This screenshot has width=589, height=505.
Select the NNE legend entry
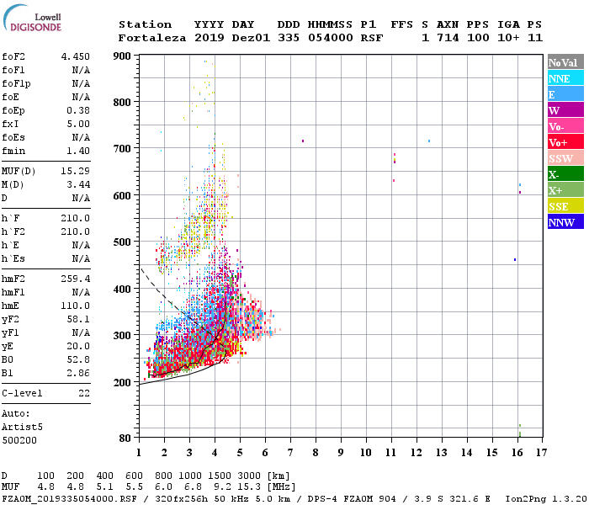coord(565,78)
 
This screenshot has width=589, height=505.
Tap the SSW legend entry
coord(565,158)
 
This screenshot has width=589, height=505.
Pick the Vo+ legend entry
coord(565,142)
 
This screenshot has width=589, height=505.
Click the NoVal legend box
coord(565,62)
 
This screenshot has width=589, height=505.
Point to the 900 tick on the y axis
coord(123,56)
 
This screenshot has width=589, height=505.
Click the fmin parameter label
coord(14,151)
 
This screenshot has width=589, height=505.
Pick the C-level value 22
coord(83,393)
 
